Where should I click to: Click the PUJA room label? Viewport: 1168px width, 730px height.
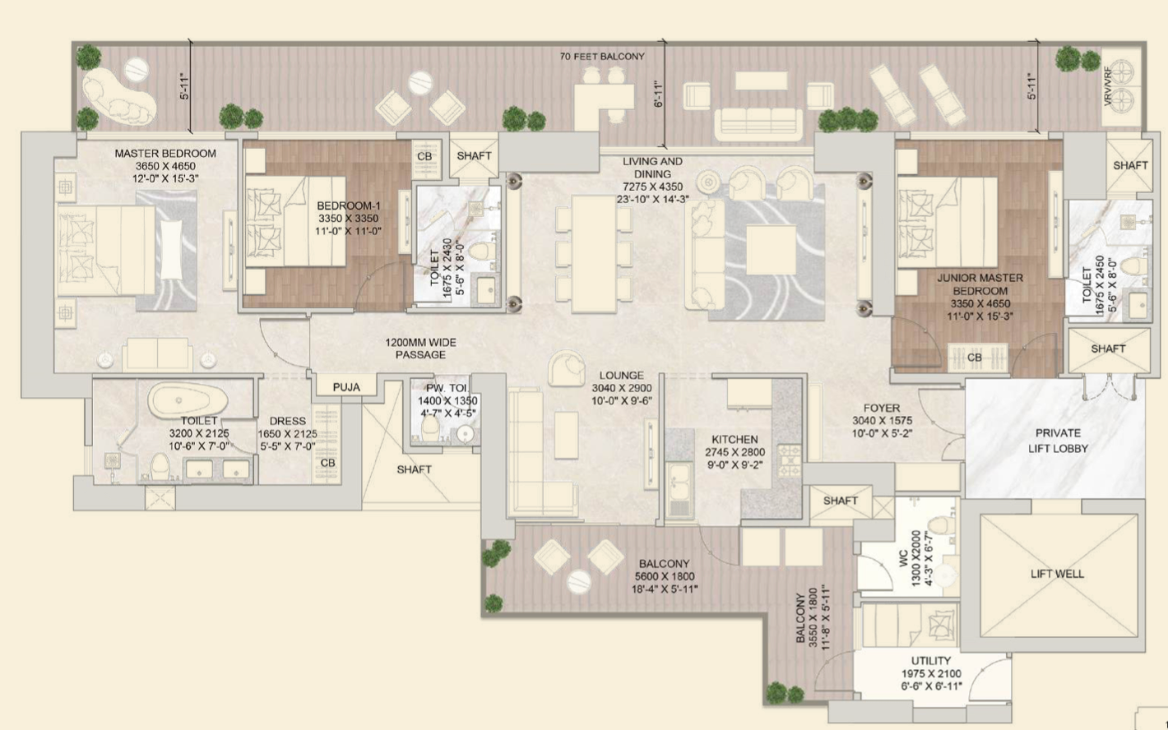tap(346, 387)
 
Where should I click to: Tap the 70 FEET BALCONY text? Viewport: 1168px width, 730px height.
tap(602, 56)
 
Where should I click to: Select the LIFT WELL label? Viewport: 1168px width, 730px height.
tap(1057, 574)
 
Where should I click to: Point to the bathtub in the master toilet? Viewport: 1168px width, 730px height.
tap(188, 400)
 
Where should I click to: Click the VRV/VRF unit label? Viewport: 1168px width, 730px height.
tap(1107, 86)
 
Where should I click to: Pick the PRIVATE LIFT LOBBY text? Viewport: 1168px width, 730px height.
tap(1058, 441)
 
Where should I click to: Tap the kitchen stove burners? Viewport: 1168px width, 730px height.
tap(790, 460)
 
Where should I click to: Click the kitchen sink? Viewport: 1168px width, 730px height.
tap(679, 489)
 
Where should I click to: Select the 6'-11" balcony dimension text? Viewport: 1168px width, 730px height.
tap(658, 94)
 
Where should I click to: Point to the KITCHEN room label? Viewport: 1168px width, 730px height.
tap(735, 439)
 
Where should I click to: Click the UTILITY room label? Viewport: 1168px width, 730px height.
tap(931, 661)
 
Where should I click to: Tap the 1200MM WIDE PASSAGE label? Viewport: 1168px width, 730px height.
tap(420, 349)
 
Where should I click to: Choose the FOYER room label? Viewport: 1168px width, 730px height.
tap(881, 408)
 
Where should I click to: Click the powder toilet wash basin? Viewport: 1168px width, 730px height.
tap(465, 433)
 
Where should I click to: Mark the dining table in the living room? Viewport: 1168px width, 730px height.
tap(593, 254)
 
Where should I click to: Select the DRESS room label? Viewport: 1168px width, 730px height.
tap(287, 421)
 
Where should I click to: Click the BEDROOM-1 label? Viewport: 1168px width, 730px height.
tap(348, 206)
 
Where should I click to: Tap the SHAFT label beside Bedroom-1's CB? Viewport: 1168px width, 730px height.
tap(474, 156)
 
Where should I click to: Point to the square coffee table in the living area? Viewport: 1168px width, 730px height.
tap(772, 250)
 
